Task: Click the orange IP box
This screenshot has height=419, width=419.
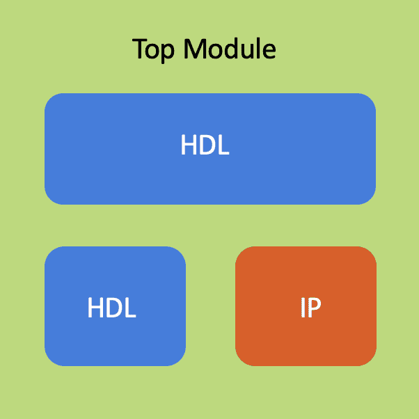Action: point(306,341)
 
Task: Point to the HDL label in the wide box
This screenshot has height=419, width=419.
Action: point(205,145)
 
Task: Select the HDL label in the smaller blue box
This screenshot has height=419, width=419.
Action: point(111,307)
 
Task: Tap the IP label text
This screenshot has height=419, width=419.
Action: point(310,307)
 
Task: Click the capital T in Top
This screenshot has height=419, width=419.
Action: point(139,49)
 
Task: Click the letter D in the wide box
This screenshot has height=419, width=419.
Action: point(207,145)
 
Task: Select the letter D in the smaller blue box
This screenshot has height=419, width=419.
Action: point(113,307)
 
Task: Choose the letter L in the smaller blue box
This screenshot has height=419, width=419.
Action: point(130,307)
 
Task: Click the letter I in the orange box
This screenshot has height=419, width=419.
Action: point(302,307)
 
